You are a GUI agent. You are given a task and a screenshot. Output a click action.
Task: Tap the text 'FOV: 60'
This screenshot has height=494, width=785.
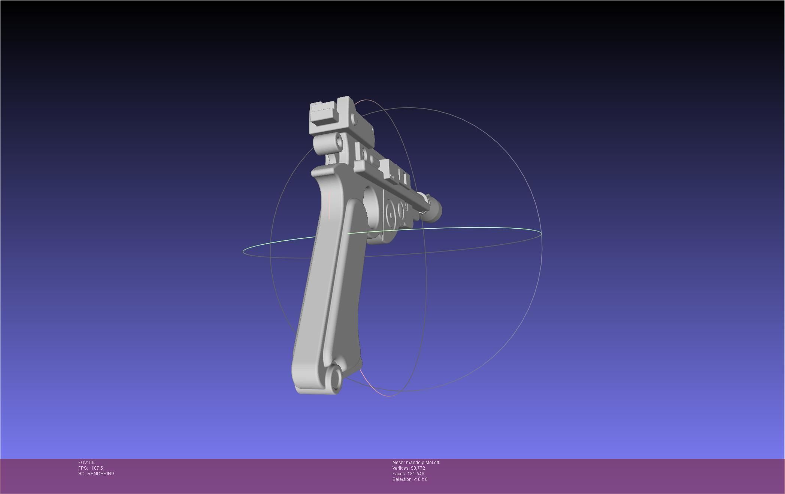(x=86, y=463)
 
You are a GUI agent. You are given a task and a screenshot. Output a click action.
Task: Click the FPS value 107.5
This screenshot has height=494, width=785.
(x=97, y=468)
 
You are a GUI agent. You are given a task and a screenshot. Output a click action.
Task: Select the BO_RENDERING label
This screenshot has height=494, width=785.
(x=96, y=474)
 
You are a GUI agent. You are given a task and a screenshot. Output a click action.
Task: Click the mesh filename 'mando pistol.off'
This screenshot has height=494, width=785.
(x=422, y=463)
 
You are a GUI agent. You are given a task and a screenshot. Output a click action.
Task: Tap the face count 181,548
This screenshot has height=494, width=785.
(x=416, y=474)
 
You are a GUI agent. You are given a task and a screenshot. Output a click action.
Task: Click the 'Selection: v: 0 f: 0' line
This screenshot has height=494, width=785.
(x=410, y=479)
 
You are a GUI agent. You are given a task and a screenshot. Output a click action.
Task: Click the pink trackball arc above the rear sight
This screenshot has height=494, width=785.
(x=365, y=101)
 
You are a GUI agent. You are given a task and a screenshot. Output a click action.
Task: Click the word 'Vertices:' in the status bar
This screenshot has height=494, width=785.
(x=401, y=468)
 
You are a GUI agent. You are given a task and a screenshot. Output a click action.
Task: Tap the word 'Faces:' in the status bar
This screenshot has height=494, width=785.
(x=399, y=474)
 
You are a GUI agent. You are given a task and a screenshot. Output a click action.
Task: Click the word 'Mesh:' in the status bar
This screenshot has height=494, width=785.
(x=398, y=463)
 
